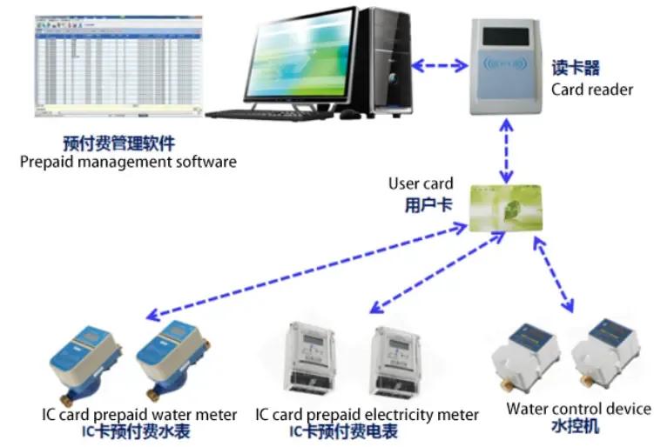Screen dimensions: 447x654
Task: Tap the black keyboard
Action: [x=275, y=112]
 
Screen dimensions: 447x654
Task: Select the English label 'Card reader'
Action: [x=592, y=90]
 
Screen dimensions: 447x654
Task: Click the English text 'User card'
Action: [x=421, y=183]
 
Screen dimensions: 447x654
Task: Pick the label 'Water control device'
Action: [x=578, y=409]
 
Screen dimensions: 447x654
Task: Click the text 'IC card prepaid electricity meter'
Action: [x=367, y=414]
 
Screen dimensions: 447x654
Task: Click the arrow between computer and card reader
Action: [x=441, y=64]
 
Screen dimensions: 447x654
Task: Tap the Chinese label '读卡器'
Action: [x=576, y=68]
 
